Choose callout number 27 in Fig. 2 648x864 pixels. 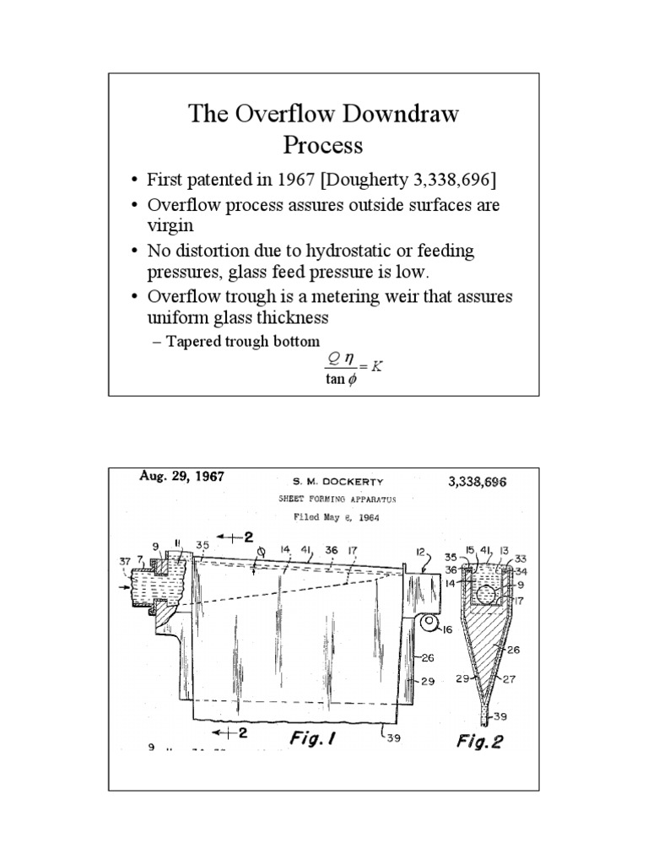coord(510,677)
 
